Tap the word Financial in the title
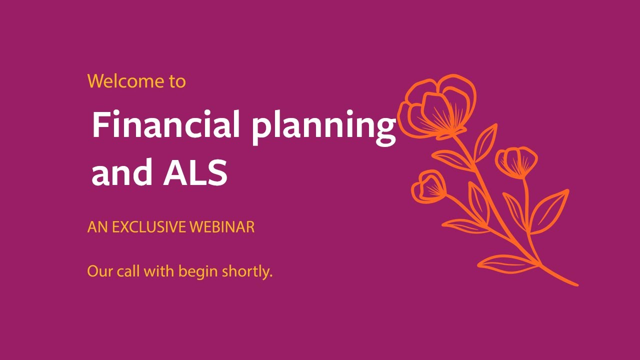(165, 125)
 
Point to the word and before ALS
(122, 173)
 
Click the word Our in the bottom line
(99, 272)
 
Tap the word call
(128, 272)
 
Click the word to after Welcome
(177, 81)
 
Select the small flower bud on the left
(429, 186)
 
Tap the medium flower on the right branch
(517, 161)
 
